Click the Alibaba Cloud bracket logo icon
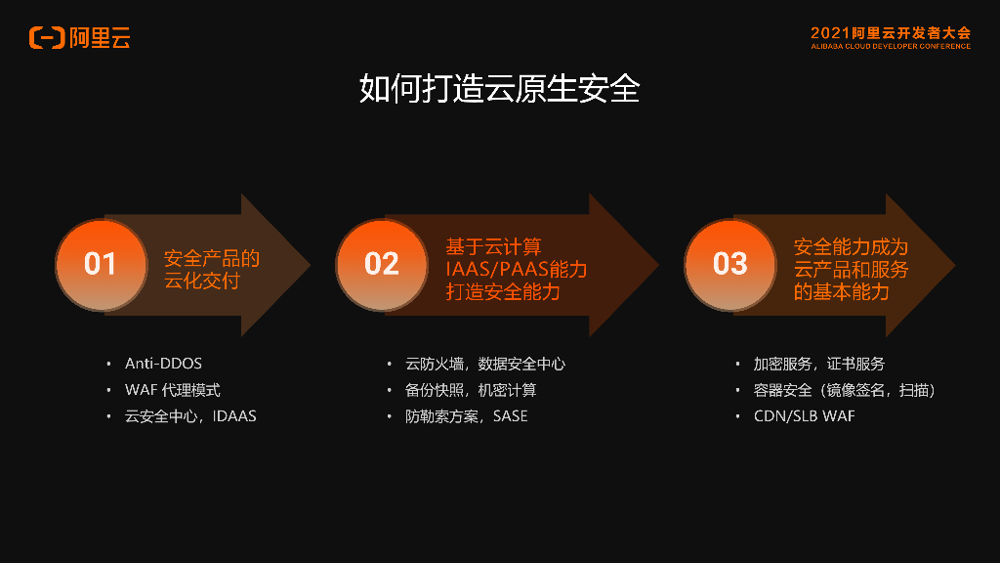coord(47,38)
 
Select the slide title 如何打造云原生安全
coord(499,88)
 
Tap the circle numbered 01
coord(101,264)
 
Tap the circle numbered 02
coord(381,264)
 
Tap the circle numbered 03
coord(729,264)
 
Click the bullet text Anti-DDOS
coord(163,364)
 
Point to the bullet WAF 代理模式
coord(172,390)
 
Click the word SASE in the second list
coord(510,416)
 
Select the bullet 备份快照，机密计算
coord(471,390)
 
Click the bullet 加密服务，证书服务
coord(818,364)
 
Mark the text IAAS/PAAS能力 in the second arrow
coord(517,269)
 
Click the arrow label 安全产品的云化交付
coord(212,270)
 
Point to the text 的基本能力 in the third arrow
coord(842,292)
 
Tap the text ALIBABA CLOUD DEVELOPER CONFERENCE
coord(891,46)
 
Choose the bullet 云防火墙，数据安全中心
coord(485,364)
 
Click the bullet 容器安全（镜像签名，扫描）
coord(845,390)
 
